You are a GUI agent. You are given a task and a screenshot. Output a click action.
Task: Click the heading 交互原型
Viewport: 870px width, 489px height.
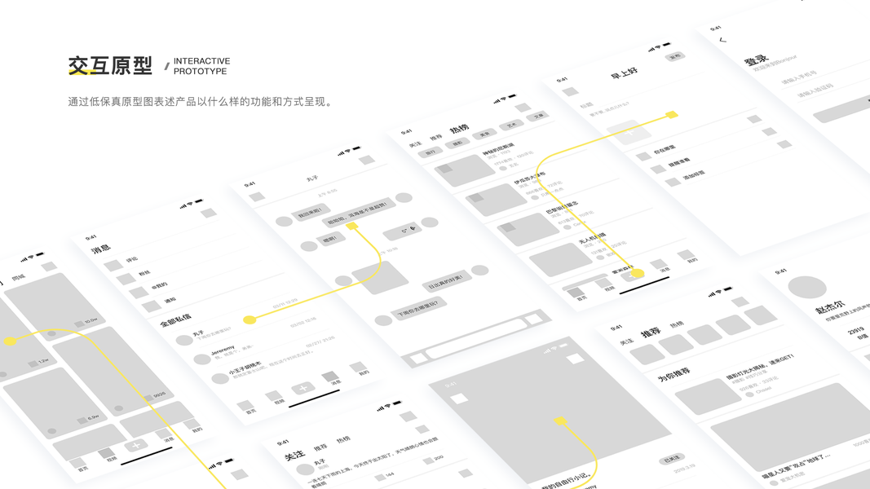(110, 66)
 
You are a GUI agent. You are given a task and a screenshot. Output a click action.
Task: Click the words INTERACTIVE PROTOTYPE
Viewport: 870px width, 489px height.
(201, 66)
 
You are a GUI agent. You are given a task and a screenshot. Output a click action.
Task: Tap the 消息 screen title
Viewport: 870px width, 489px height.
(101, 248)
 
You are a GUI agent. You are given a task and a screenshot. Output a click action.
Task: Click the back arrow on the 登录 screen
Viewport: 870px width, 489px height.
(722, 40)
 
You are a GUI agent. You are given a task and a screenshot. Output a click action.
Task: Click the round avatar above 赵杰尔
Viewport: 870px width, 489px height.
(806, 287)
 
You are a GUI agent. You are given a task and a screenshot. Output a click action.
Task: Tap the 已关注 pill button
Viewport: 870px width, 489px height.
(672, 460)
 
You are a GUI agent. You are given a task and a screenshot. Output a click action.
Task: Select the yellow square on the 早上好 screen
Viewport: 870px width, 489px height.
(672, 115)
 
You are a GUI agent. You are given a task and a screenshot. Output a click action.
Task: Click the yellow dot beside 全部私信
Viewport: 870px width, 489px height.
(250, 319)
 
